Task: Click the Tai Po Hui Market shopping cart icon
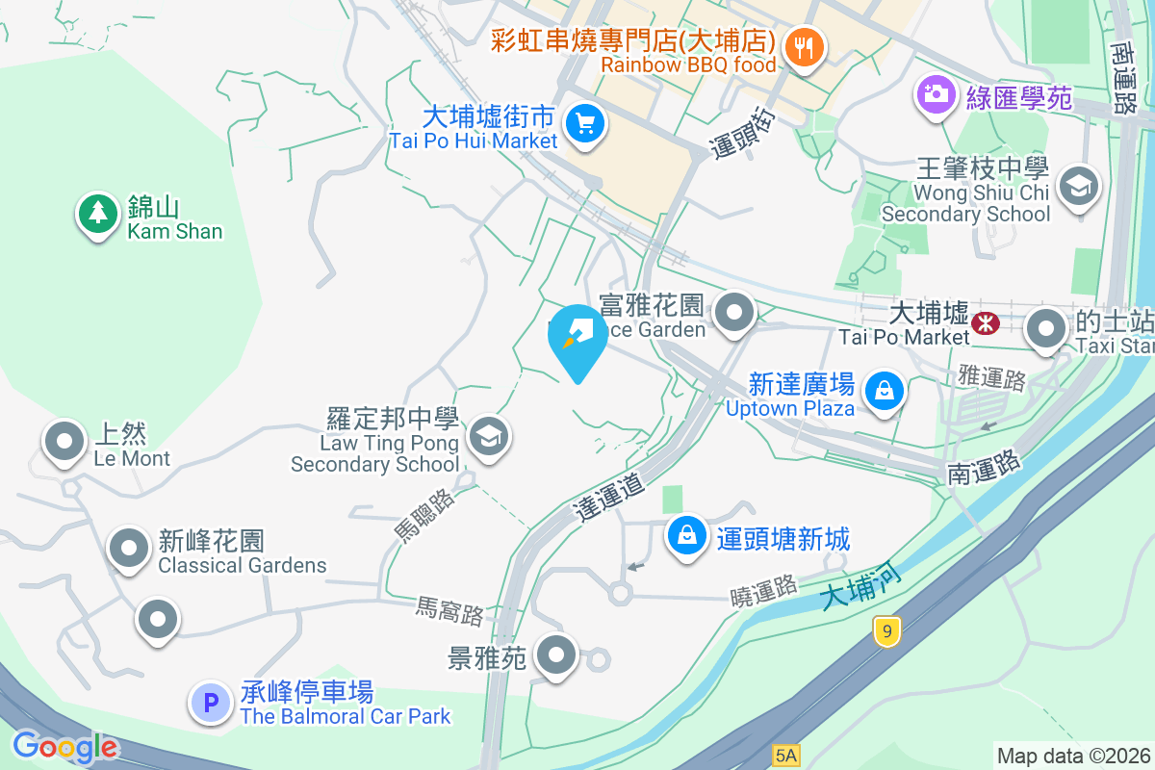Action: [584, 124]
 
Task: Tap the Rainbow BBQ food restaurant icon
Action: [802, 45]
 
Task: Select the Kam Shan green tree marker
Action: [96, 215]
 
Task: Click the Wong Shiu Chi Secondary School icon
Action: [1078, 186]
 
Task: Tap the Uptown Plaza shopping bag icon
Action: [884, 391]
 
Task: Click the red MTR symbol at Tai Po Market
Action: [986, 322]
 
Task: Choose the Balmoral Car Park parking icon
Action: [211, 702]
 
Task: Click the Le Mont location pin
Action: [65, 443]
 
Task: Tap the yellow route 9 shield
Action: [886, 630]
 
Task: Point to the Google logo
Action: [65, 747]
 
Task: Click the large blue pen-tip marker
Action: [577, 337]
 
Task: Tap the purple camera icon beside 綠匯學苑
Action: [934, 94]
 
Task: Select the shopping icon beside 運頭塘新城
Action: [688, 536]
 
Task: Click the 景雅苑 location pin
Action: [555, 656]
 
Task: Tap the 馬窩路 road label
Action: [449, 609]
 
